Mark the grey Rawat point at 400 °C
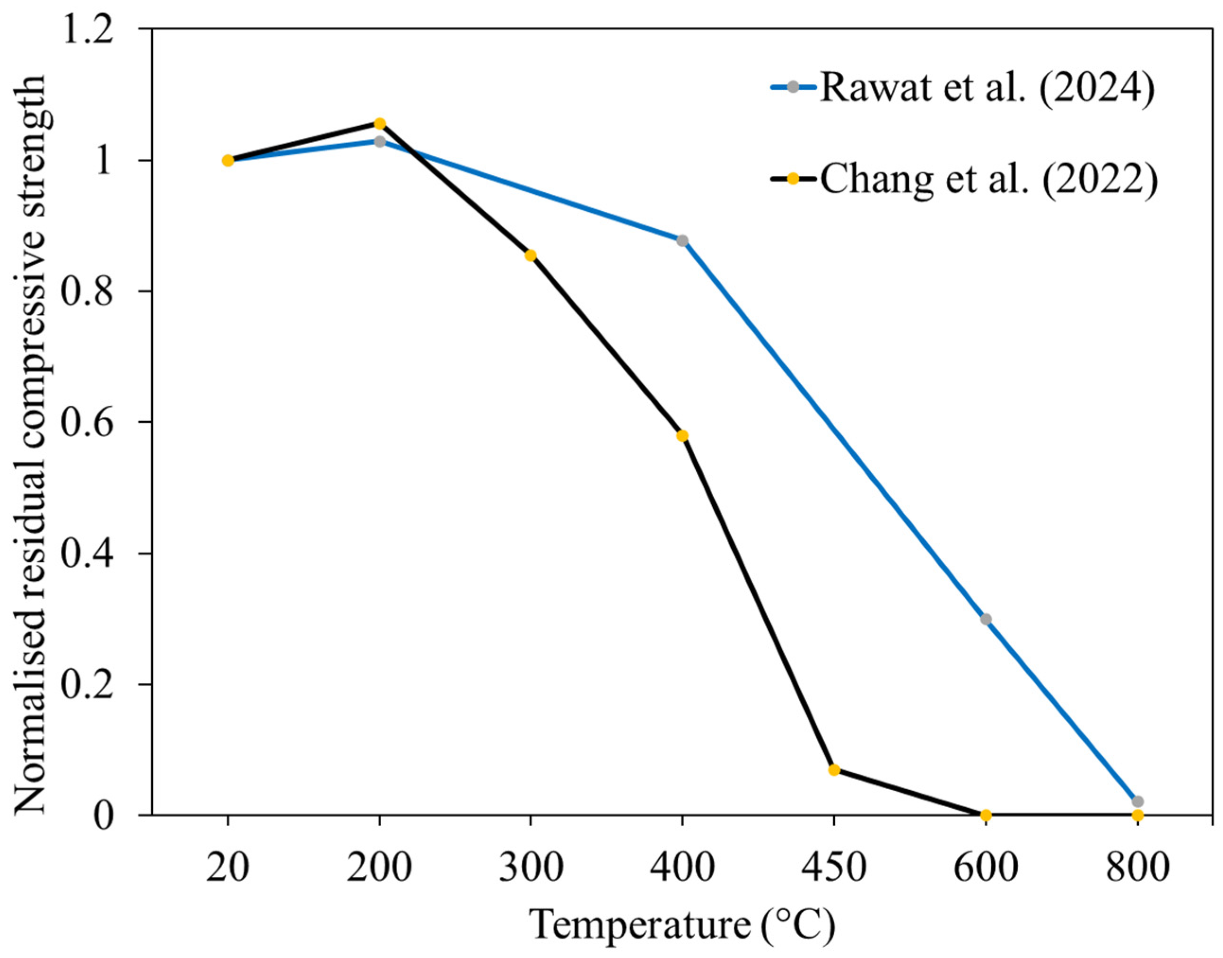682,241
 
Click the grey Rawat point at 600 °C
986,619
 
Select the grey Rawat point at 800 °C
1138,802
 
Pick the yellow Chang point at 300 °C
531,256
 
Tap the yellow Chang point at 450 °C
834,770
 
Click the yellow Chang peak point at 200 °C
379,123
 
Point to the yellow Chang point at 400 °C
682,436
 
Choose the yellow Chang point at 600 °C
986,815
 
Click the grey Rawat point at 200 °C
380,141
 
